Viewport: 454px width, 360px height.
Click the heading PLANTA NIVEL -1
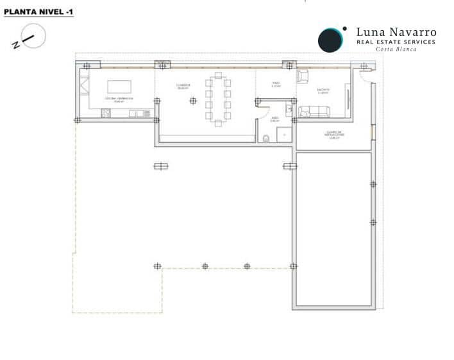pyautogui.click(x=38, y=12)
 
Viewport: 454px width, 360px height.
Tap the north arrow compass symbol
pyautogui.click(x=31, y=37)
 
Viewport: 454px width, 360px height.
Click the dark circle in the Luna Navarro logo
pyautogui.click(x=331, y=40)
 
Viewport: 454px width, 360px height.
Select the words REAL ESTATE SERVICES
pyautogui.click(x=396, y=42)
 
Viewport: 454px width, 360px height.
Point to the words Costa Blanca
pyautogui.click(x=396, y=49)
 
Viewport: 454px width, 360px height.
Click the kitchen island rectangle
pyautogui.click(x=119, y=87)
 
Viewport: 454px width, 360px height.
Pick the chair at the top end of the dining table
pyautogui.click(x=218, y=75)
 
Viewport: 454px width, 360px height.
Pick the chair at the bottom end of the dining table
pyautogui.click(x=218, y=123)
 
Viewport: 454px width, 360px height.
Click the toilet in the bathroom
pyautogui.click(x=266, y=137)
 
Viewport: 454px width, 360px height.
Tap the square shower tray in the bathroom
pyautogui.click(x=284, y=134)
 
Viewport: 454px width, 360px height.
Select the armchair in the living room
pyautogui.click(x=303, y=76)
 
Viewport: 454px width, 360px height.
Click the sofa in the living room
pyautogui.click(x=314, y=113)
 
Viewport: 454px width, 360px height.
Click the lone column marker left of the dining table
pyautogui.click(x=192, y=100)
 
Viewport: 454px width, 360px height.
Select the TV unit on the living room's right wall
pyautogui.click(x=348, y=99)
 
